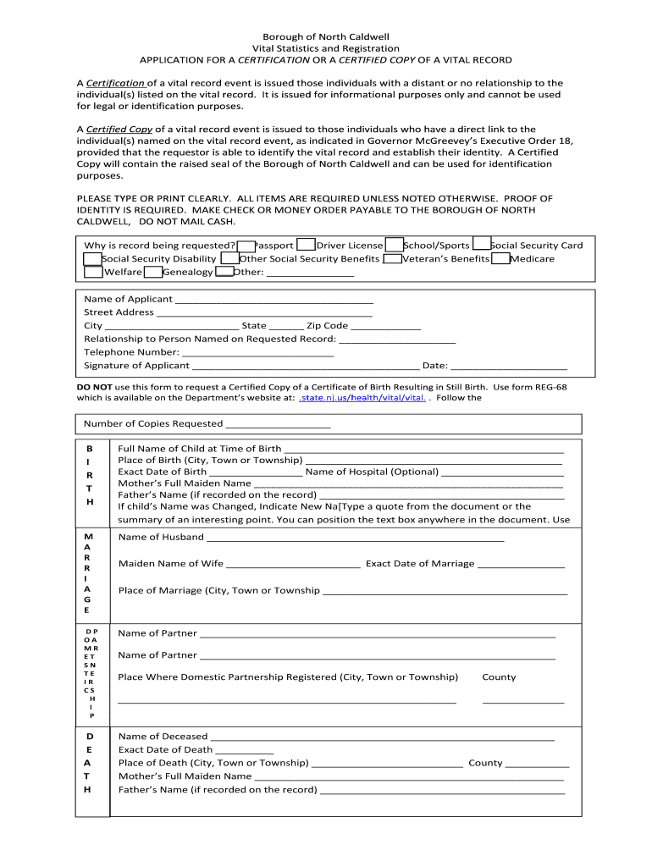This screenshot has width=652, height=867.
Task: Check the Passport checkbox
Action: pyautogui.click(x=246, y=246)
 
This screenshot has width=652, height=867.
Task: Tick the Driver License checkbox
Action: pyautogui.click(x=307, y=246)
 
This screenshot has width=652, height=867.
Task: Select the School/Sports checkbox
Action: pyautogui.click(x=394, y=246)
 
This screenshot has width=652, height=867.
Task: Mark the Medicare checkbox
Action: pyautogui.click(x=500, y=259)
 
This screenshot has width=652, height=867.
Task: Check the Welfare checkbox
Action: pyautogui.click(x=93, y=273)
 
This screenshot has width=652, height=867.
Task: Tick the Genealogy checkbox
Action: pyautogui.click(x=153, y=273)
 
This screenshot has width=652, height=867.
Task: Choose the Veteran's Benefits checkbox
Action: pyautogui.click(x=392, y=259)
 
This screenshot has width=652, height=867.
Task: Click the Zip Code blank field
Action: pyautogui.click(x=385, y=326)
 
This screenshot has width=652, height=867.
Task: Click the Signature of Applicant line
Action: pyautogui.click(x=306, y=366)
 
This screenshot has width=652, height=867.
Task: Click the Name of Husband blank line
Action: pyautogui.click(x=355, y=538)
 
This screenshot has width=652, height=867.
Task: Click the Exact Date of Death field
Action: pyautogui.click(x=245, y=750)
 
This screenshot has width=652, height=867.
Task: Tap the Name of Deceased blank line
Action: pyautogui.click(x=382, y=737)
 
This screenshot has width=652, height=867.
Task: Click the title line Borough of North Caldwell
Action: pyautogui.click(x=325, y=37)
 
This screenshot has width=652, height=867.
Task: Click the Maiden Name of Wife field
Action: pyautogui.click(x=294, y=564)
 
